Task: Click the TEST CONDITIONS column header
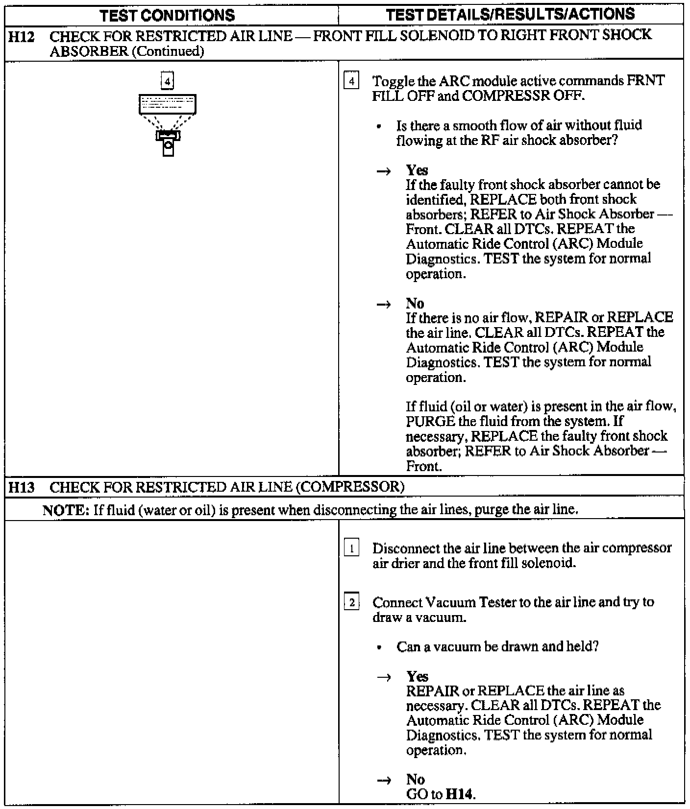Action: [x=168, y=15]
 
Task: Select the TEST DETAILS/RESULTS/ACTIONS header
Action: [x=510, y=14]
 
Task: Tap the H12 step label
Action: [x=22, y=36]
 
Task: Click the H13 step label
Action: [x=22, y=487]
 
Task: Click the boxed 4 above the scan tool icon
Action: [x=168, y=81]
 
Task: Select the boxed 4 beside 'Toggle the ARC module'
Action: [x=351, y=81]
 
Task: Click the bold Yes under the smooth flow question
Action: [x=417, y=170]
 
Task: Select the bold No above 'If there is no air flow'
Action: [x=415, y=304]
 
